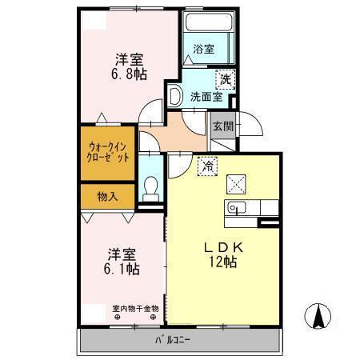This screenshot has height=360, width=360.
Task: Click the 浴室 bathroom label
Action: (203, 49)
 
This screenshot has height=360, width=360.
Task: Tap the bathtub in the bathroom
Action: (209, 22)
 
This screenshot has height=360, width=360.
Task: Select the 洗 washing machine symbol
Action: (226, 79)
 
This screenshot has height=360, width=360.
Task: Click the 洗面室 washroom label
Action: (206, 97)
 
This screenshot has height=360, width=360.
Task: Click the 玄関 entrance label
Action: (223, 126)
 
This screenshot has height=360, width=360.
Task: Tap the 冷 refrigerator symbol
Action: (207, 166)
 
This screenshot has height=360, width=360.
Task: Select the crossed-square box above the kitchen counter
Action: (236, 184)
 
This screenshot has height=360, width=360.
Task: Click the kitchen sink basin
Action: (237, 207)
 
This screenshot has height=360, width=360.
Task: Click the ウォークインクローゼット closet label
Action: (108, 153)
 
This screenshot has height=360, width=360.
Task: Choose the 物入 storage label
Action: (107, 197)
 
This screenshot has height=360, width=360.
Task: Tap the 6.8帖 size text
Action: (129, 74)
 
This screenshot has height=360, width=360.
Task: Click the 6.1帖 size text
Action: (122, 269)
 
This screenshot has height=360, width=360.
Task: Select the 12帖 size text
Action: (223, 262)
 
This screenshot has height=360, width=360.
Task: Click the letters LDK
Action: (223, 248)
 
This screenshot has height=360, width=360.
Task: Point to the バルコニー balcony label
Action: (173, 340)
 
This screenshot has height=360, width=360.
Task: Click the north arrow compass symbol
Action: (318, 316)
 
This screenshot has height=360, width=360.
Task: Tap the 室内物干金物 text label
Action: (135, 309)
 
